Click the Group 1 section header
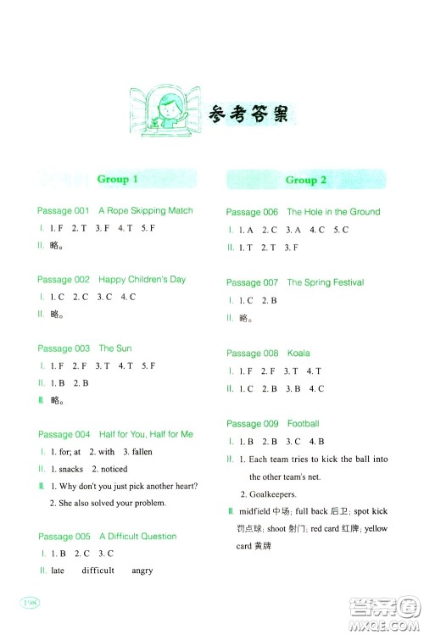click(117, 179)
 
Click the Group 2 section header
click(306, 180)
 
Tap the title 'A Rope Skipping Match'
click(146, 210)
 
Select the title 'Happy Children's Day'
click(142, 279)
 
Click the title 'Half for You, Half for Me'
click(146, 434)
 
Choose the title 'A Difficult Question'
click(138, 537)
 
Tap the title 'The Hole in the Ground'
click(333, 212)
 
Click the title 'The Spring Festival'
click(326, 282)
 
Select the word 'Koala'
click(298, 354)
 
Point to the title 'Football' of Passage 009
click(303, 423)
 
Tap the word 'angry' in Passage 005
click(142, 571)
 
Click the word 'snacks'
click(71, 469)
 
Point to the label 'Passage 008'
click(252, 354)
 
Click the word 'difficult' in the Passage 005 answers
click(98, 571)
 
